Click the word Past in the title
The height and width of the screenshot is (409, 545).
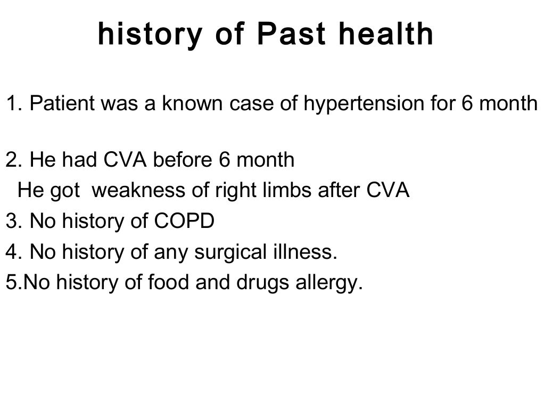click(287, 35)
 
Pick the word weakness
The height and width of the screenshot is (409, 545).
click(133, 190)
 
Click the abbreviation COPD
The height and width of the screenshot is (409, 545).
click(184, 221)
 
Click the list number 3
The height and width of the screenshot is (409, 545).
click(12, 221)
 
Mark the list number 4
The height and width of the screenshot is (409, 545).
click(12, 251)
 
